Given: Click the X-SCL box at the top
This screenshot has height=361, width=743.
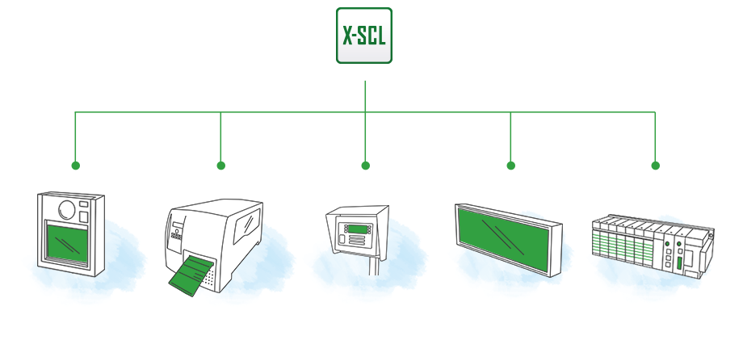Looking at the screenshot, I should point(364,36).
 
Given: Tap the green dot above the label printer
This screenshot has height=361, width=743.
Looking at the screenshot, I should point(220,166).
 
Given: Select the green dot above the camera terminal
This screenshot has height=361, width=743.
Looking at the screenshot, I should point(75,166).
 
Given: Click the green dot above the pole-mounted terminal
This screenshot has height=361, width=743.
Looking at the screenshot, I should point(365,166).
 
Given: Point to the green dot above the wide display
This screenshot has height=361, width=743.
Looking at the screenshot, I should point(510,166).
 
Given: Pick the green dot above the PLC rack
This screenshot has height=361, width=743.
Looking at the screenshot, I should point(655,166).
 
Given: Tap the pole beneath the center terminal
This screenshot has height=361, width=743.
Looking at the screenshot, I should point(373,262).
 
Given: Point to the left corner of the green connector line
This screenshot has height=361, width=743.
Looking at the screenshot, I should point(75,112).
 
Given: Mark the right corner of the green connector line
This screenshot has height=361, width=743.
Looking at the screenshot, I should point(655,112).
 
